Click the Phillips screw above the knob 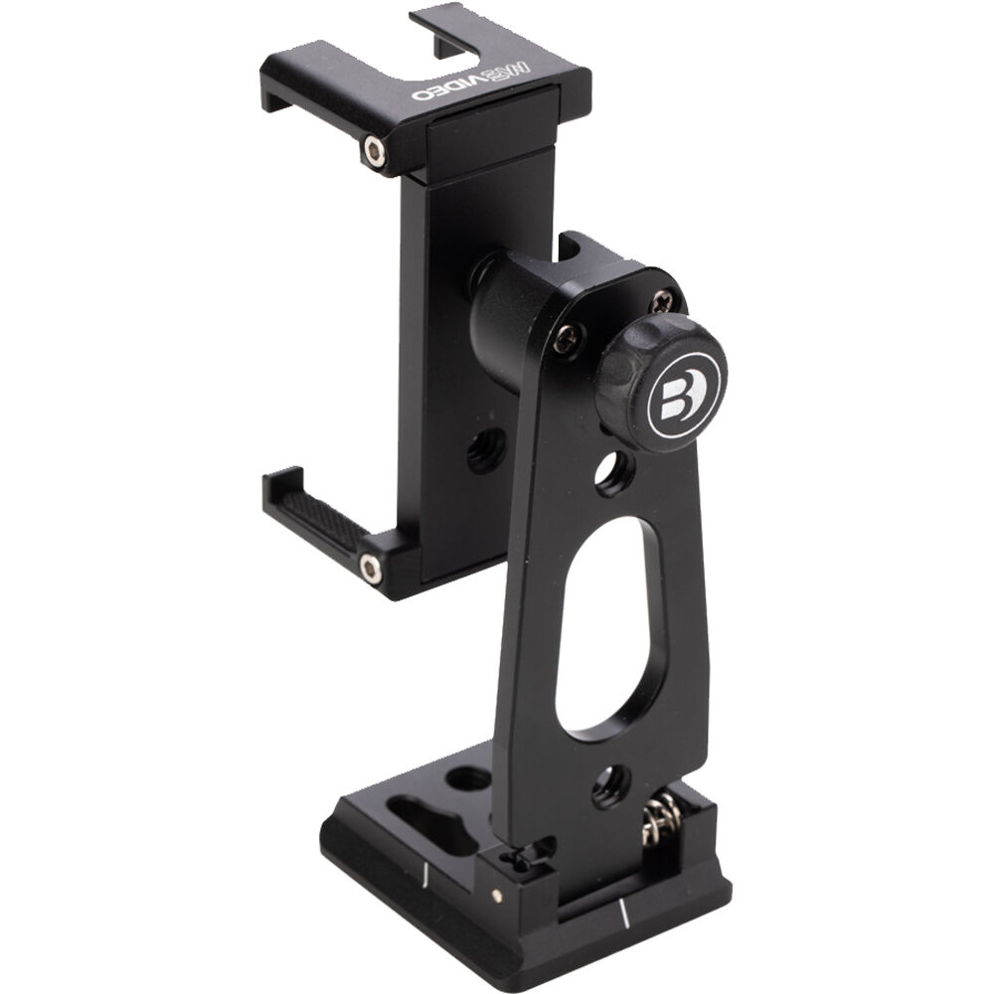(661, 297)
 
